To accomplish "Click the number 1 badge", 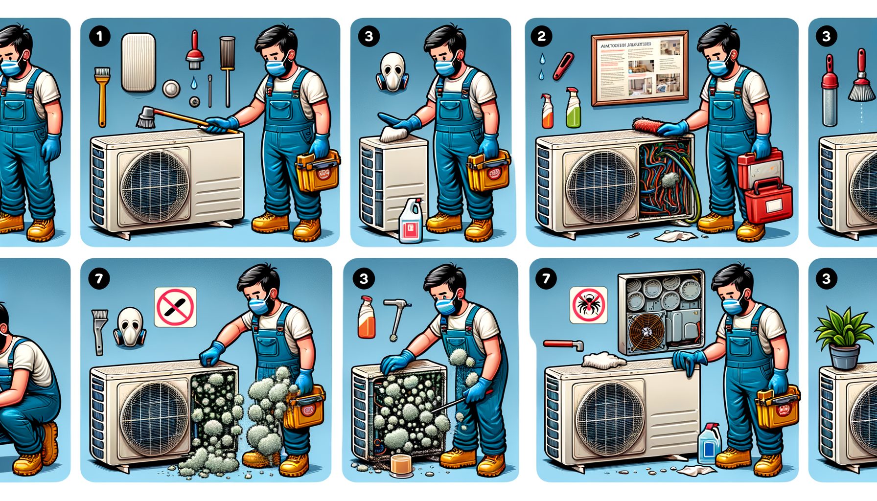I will point(100,37).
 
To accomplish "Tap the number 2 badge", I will point(541,37).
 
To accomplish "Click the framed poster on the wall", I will point(639,68).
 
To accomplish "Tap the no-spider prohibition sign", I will point(588,305).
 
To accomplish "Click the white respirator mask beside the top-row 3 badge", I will point(392,72).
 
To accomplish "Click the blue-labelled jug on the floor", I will point(709,444).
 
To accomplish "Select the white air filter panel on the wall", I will point(138,63).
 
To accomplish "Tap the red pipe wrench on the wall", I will point(563,344).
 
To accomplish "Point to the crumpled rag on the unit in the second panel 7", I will point(604,361).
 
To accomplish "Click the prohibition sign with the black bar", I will point(175,307).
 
